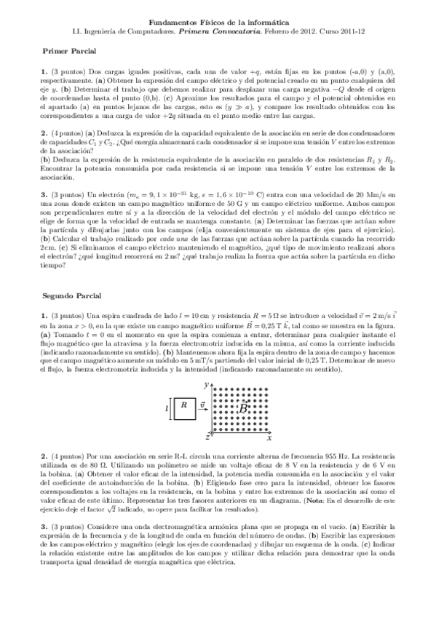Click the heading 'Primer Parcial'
pyautogui.click(x=65, y=52)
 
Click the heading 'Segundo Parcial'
pyautogui.click(x=67, y=297)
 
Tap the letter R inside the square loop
pyautogui.click(x=183, y=405)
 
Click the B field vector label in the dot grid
pyautogui.click(x=245, y=408)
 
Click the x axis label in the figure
pyautogui.click(x=269, y=439)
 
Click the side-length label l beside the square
pyautogui.click(x=167, y=408)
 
